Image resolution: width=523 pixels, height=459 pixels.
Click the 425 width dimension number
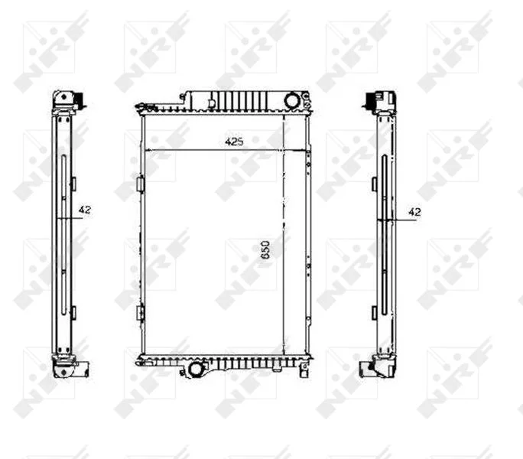[234, 142]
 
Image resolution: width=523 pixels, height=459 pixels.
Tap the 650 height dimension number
[265, 249]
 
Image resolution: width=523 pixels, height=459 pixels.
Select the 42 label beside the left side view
[85, 210]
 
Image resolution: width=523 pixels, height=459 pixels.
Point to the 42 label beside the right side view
[414, 212]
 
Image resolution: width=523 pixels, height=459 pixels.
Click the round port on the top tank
[292, 100]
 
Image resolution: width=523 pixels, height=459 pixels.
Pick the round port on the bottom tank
[195, 369]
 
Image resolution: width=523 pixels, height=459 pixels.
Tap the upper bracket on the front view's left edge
[141, 184]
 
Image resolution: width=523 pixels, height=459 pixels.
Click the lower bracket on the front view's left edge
[141, 313]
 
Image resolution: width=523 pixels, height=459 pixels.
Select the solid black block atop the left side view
[80, 99]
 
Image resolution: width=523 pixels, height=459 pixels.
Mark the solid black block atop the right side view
[371, 99]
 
